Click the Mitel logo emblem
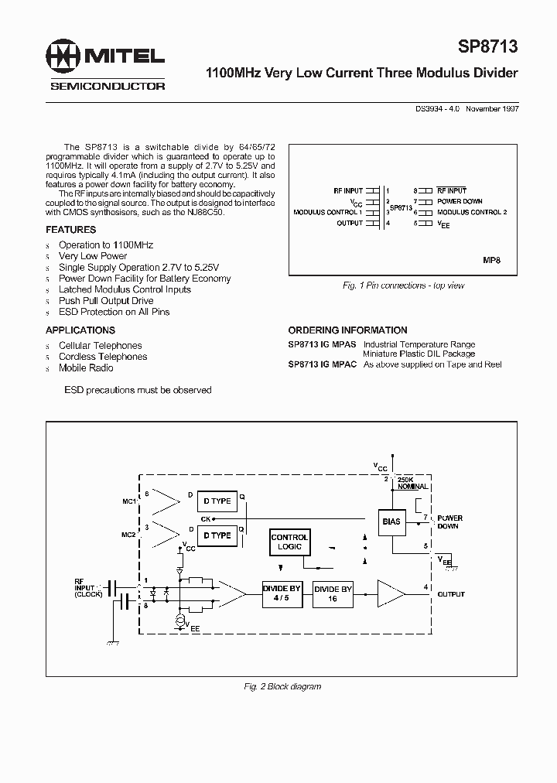click(x=64, y=56)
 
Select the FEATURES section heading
click(x=70, y=230)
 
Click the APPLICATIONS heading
click(x=80, y=330)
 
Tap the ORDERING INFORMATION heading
click(x=347, y=330)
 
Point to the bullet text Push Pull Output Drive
click(x=106, y=301)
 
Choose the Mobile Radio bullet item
click(x=86, y=368)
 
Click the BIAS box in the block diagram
click(x=391, y=521)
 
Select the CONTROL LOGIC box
click(x=290, y=542)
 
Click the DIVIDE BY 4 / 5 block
click(x=281, y=593)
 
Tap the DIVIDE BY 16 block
click(x=333, y=593)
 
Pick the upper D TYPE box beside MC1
click(x=217, y=501)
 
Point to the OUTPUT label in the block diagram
click(x=451, y=594)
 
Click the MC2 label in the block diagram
click(x=128, y=535)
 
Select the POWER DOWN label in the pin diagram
click(x=460, y=201)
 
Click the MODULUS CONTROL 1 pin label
click(x=328, y=212)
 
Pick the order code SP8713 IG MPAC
click(x=322, y=364)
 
